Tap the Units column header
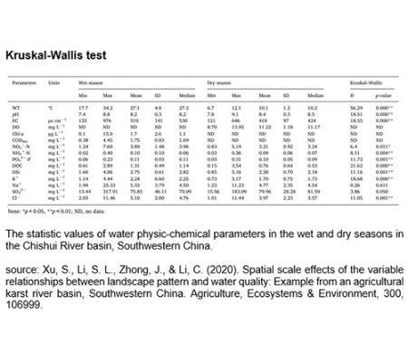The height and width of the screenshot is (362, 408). coord(54,81)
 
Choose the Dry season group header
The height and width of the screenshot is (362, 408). coord(222,81)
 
